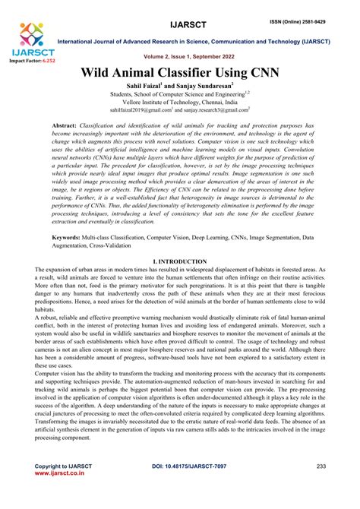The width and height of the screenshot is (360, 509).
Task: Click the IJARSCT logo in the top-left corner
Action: tap(29, 39)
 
